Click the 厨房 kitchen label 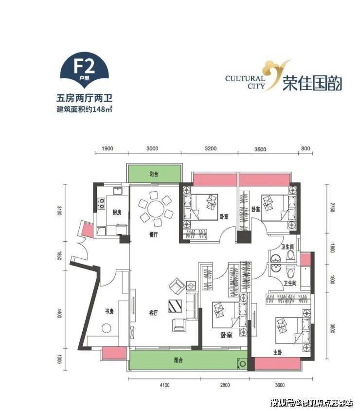click(x=117, y=213)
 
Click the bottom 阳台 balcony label click(x=179, y=360)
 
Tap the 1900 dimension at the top click(x=108, y=149)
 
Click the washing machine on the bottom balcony click(x=241, y=363)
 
